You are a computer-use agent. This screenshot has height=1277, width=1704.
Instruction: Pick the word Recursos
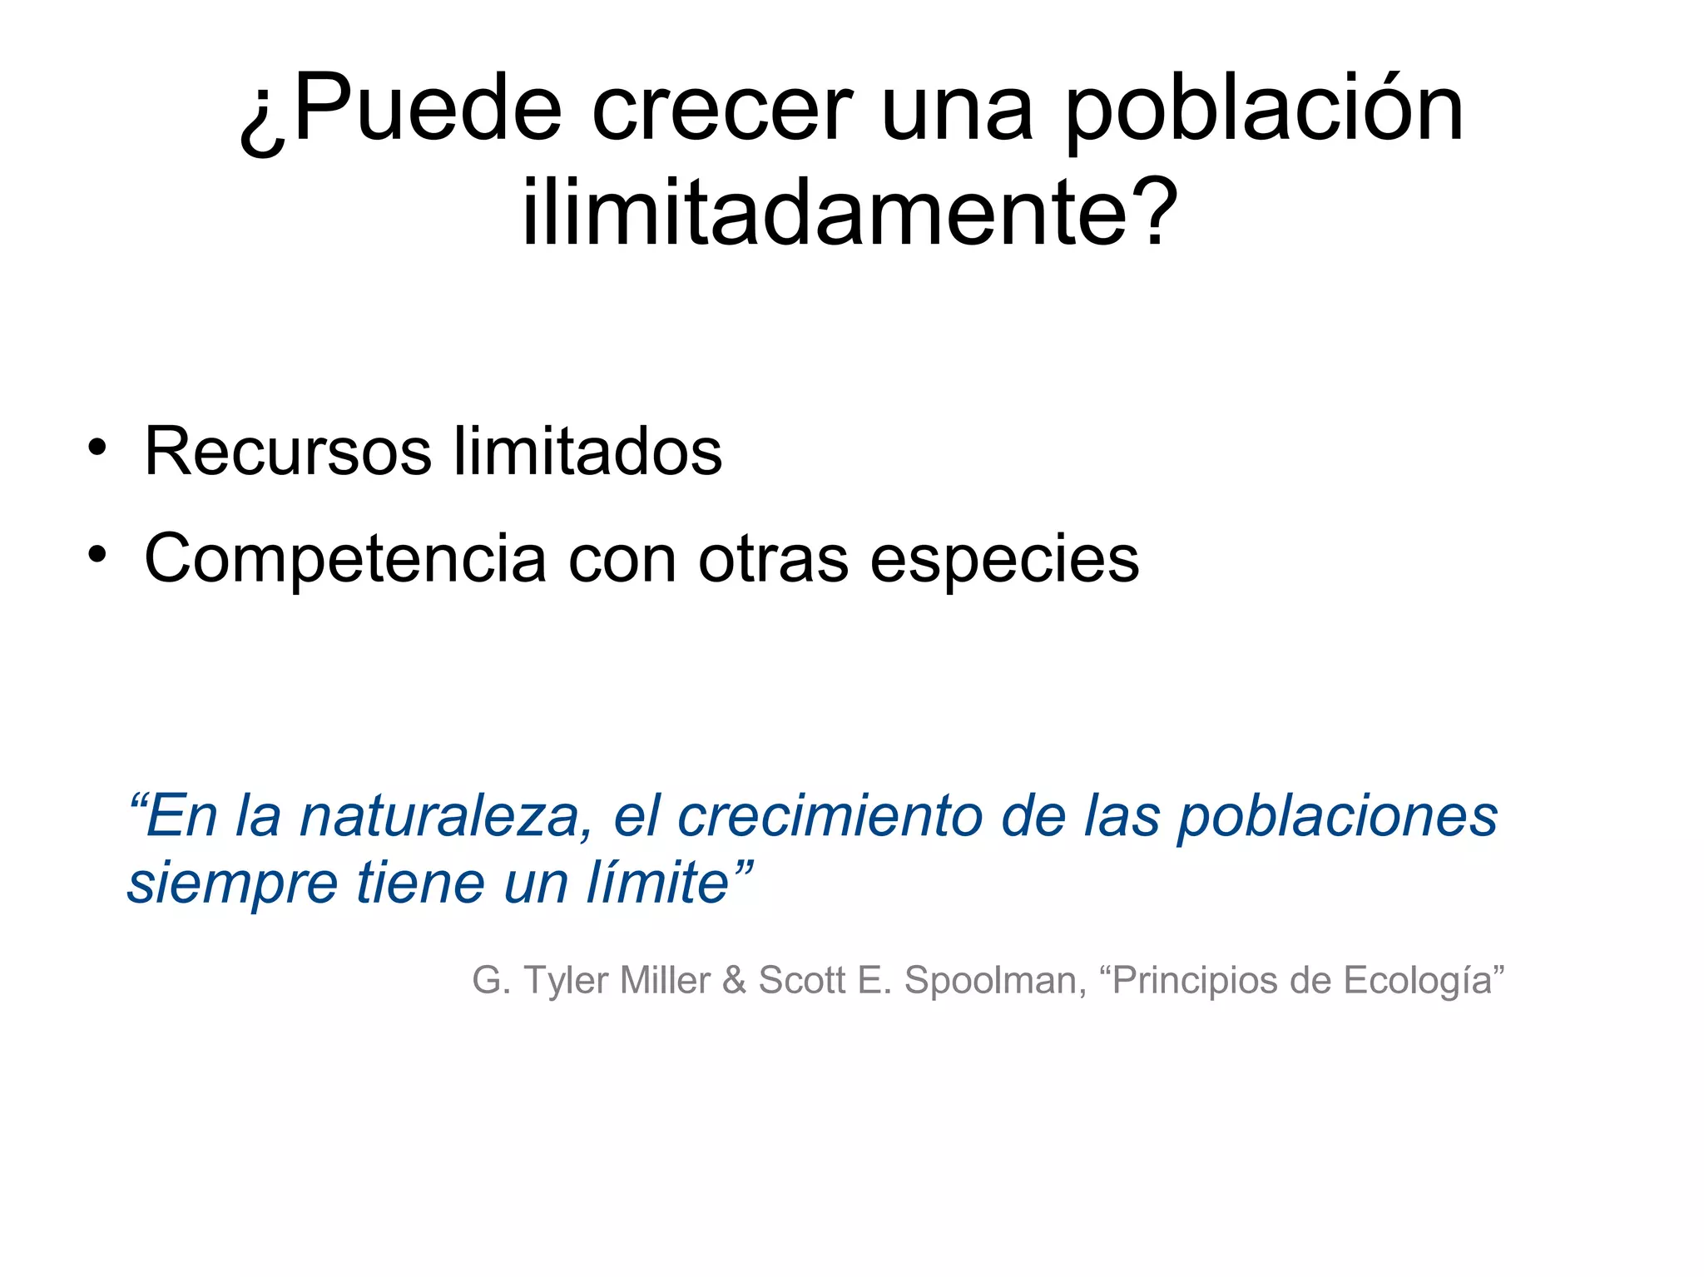(288, 452)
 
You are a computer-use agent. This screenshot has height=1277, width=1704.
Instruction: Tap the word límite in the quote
(658, 883)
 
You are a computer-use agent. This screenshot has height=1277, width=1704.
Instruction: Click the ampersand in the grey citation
(734, 980)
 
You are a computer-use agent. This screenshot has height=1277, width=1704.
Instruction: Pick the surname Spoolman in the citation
(995, 980)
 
